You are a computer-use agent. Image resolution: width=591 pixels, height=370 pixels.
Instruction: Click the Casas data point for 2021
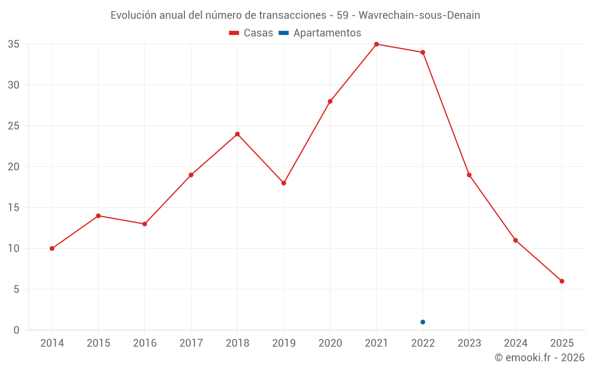coord(376,44)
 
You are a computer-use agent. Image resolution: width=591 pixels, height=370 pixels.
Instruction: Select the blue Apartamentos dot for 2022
coord(423,322)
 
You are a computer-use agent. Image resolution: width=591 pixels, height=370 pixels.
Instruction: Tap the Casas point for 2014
coord(52,249)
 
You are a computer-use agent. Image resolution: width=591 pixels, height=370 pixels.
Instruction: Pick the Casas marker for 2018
coord(238,134)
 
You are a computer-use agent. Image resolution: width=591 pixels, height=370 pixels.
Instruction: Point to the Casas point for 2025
coord(561,281)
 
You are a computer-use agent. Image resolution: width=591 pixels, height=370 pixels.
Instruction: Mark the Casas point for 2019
coord(284,183)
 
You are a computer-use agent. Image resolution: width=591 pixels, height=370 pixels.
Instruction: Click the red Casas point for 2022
coord(423,53)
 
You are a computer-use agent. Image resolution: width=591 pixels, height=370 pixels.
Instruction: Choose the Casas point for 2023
coord(469,175)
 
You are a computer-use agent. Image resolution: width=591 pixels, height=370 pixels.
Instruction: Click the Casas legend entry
coord(251,33)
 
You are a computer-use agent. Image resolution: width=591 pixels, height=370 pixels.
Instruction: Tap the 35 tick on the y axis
coord(14,44)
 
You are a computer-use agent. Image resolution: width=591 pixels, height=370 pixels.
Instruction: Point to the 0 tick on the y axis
coord(17,330)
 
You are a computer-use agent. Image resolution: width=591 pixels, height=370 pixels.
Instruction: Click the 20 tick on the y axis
coord(14,167)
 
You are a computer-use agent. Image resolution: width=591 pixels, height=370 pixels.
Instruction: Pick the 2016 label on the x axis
coord(145,343)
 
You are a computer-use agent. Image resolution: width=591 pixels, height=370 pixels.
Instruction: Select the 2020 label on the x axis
coord(330,343)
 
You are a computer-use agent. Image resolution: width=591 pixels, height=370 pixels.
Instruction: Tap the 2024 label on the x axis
coord(515,343)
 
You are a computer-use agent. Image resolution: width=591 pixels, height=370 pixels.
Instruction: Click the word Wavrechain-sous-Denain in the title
coord(420,15)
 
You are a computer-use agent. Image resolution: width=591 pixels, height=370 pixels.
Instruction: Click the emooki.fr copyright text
coord(540,358)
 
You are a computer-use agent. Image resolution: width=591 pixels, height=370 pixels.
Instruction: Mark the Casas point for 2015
coord(98,216)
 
